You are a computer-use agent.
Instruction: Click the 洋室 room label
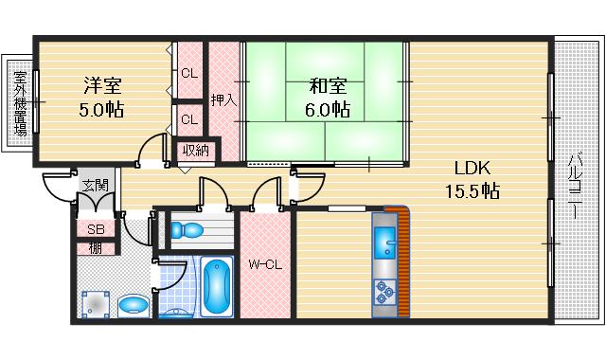pyautogui.click(x=103, y=85)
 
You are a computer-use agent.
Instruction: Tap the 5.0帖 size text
pyautogui.click(x=101, y=110)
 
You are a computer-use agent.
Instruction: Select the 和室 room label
pyautogui.click(x=328, y=86)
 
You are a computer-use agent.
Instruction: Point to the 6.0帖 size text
pyautogui.click(x=328, y=110)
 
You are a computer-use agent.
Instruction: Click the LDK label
pyautogui.click(x=472, y=168)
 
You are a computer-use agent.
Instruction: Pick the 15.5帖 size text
pyautogui.click(x=472, y=191)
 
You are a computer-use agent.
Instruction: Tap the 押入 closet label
pyautogui.click(x=223, y=100)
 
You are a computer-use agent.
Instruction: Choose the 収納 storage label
pyautogui.click(x=196, y=150)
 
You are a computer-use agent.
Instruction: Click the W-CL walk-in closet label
pyautogui.click(x=265, y=265)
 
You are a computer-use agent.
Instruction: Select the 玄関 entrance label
pyautogui.click(x=96, y=186)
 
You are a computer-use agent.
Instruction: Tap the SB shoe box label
pyautogui.click(x=96, y=229)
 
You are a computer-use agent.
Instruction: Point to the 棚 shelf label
pyautogui.click(x=96, y=248)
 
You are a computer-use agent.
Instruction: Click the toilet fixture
pyautogui.click(x=187, y=229)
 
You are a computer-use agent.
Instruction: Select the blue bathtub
pyautogui.click(x=217, y=286)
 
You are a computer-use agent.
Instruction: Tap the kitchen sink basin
pyautogui.click(x=385, y=243)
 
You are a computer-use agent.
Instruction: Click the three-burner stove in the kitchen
pyautogui.click(x=385, y=293)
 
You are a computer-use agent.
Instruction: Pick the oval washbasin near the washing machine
pyautogui.click(x=134, y=305)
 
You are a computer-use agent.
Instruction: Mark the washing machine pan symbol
pyautogui.click(x=96, y=305)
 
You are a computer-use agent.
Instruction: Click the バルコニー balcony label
pyautogui.click(x=575, y=187)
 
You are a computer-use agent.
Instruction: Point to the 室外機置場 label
pyautogui.click(x=20, y=103)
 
